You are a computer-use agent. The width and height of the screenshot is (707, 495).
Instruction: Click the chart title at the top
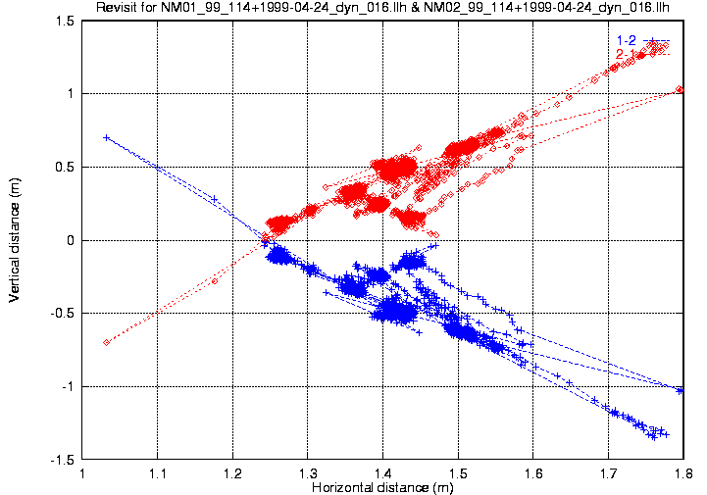pyautogui.click(x=382, y=9)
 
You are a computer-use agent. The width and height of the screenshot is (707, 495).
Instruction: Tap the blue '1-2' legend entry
pyautogui.click(x=624, y=39)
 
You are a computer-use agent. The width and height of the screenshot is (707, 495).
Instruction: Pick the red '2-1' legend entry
pyautogui.click(x=624, y=51)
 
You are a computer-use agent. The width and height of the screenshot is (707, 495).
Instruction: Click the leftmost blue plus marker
pyautogui.click(x=105, y=137)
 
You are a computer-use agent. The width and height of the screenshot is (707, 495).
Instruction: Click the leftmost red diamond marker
pyautogui.click(x=105, y=342)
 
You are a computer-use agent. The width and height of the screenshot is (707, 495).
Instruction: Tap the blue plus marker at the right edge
pyautogui.click(x=680, y=390)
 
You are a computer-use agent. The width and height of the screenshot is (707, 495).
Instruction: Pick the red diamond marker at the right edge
pyautogui.click(x=680, y=90)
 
